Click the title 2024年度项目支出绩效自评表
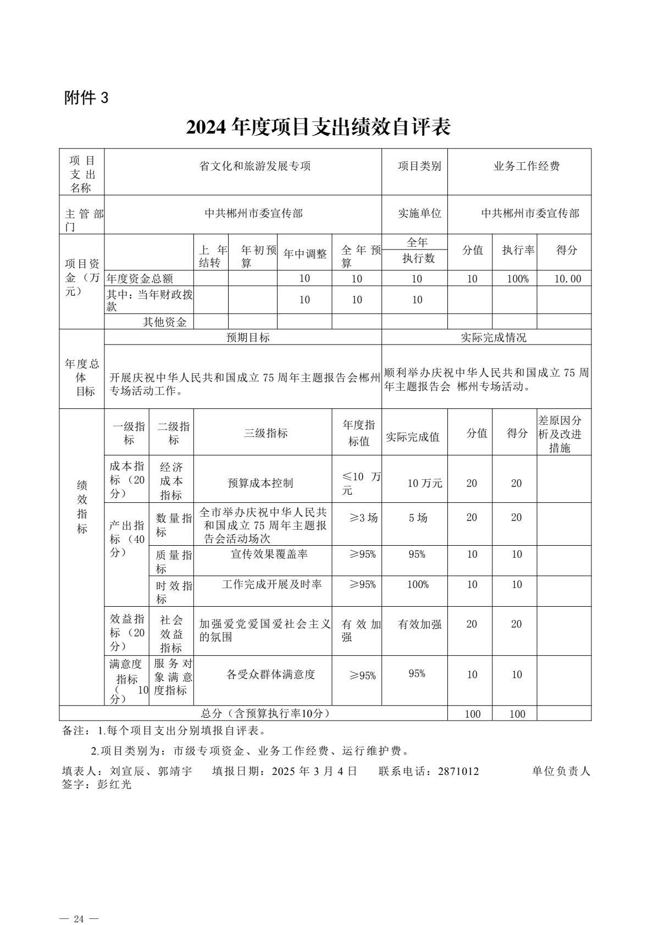318,127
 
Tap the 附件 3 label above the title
87,98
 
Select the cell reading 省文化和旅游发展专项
255,166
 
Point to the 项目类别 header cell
419,166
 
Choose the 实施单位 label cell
419,213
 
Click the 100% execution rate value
517,279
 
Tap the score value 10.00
567,279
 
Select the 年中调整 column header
304,254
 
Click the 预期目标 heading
248,337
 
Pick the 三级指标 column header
265,433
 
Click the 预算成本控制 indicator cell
261,483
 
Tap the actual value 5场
418,518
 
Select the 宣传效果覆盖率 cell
269,554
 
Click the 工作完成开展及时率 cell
271,584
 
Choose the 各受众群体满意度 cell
271,674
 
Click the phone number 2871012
458,771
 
